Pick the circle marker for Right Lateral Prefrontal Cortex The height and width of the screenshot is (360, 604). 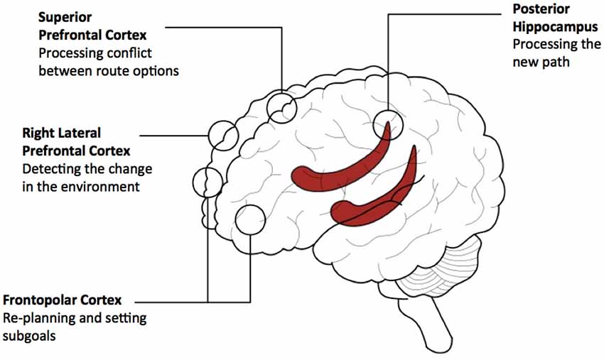point(224,135)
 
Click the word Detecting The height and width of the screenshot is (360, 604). point(51,169)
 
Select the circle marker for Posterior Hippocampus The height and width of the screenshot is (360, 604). point(388,124)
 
